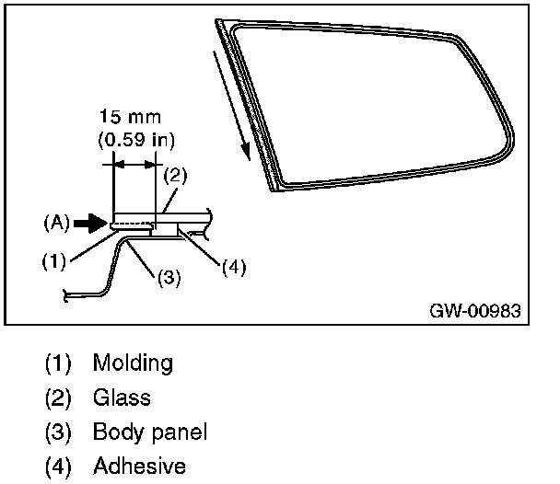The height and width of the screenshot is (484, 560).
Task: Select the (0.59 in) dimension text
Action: [x=137, y=140]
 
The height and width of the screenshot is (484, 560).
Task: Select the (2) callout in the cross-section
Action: [x=176, y=175]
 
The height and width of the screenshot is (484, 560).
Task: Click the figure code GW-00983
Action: [x=474, y=310]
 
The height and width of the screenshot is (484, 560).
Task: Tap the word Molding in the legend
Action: [x=133, y=363]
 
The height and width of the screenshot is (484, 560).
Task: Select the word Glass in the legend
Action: [x=122, y=398]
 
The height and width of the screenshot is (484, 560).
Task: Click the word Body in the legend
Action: [x=114, y=432]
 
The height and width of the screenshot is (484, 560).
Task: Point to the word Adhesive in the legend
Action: [x=139, y=467]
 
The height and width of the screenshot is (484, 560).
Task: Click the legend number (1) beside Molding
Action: [x=58, y=363]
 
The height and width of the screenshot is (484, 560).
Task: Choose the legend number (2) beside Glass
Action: [x=58, y=398]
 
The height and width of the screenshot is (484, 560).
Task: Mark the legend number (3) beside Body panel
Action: [x=58, y=432]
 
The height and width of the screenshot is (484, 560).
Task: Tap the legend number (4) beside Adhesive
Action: [x=58, y=467]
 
